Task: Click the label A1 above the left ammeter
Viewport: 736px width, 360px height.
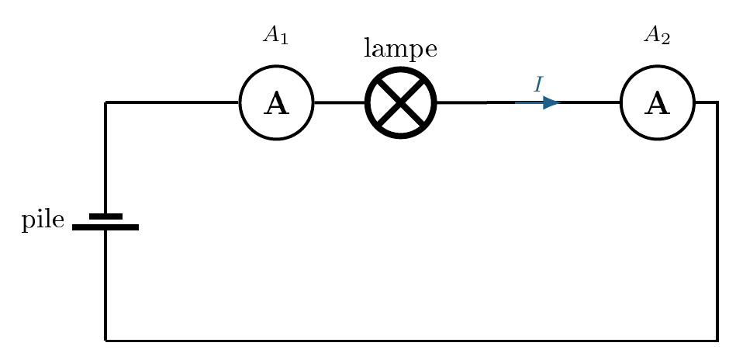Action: point(275,35)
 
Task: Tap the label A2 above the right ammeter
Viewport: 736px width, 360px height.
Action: point(657,35)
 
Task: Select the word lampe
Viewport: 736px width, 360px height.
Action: point(401,50)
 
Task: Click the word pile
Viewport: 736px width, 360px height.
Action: point(43,220)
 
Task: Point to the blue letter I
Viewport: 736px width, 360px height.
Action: point(538,85)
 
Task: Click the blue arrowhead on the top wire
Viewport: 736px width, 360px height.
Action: point(551,102)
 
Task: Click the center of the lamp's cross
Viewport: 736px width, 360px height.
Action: point(401,102)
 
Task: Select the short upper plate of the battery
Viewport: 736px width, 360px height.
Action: point(105,216)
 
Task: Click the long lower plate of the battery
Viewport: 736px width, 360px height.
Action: point(105,227)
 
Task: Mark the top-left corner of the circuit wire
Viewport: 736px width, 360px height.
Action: point(105,102)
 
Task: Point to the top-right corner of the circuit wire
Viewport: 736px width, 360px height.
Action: point(717,102)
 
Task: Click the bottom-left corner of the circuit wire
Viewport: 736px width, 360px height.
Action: point(105,341)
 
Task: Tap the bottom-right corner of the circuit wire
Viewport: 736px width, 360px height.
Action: point(717,341)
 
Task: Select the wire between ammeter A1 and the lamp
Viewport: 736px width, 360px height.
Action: point(339,102)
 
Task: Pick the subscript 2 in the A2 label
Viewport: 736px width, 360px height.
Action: point(665,40)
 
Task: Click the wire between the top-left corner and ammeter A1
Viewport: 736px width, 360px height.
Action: point(172,102)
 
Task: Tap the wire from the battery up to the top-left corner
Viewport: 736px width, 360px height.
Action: point(105,157)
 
